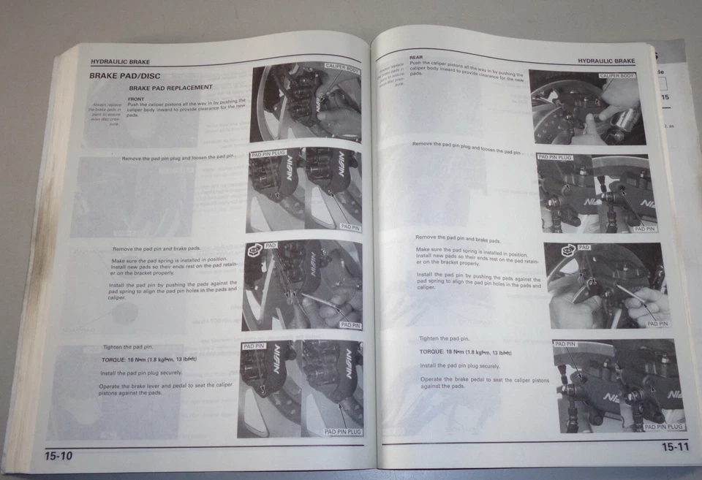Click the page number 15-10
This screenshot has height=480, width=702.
58,456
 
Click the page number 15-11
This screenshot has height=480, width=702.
675,447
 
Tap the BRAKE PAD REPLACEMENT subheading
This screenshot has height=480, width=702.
170,88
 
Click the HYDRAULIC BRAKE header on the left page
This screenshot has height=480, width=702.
120,62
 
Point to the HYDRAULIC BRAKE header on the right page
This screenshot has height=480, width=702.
605,61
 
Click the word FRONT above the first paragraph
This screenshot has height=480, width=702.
135,99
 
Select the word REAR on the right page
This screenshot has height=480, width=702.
416,57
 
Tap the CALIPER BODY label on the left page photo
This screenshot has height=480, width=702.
342,66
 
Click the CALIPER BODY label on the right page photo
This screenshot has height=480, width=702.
617,76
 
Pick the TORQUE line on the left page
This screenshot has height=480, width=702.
149,360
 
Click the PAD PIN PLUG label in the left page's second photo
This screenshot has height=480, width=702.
268,155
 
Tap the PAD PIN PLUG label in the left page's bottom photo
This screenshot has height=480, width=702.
343,432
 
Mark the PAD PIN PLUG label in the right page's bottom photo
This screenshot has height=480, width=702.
665,427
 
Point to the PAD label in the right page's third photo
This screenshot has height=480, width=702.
584,248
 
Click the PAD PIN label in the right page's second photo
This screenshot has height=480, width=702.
644,229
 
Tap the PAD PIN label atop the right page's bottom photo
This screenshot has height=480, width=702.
565,343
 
